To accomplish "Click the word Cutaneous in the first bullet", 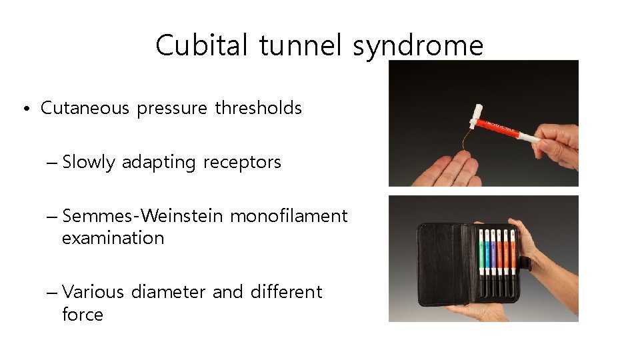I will point(85,108).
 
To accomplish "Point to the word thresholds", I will point(258,108).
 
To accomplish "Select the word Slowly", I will point(89,162).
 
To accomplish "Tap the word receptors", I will point(242,162).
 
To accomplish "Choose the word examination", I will point(113,238).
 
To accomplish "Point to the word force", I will point(83,314).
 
